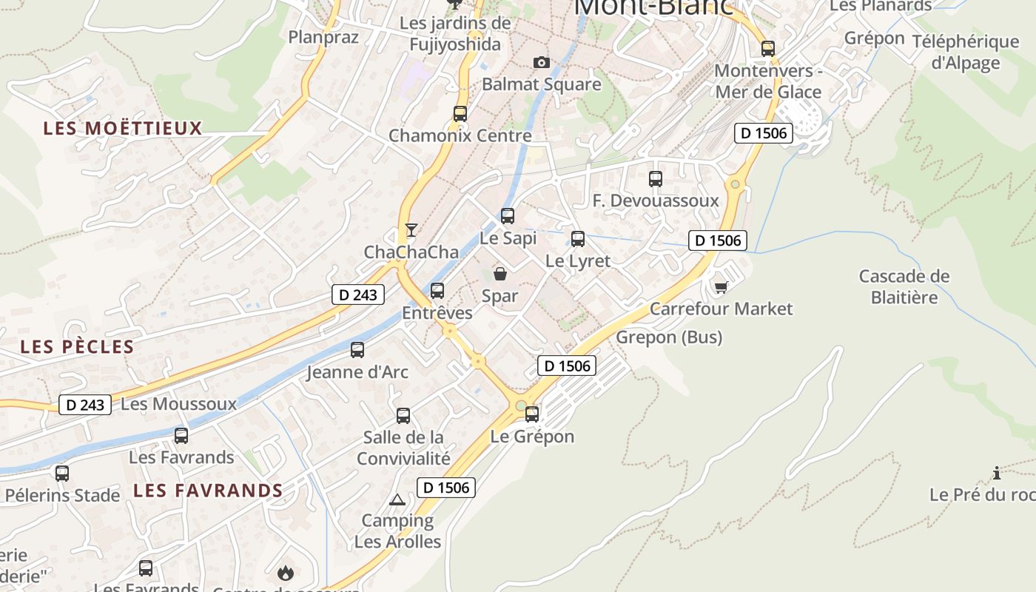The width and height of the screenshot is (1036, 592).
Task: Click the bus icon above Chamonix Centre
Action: click(460, 114)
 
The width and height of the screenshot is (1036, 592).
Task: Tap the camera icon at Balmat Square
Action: click(542, 63)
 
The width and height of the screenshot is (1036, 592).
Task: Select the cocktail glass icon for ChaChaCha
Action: click(411, 229)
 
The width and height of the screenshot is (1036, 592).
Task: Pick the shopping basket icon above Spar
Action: click(500, 274)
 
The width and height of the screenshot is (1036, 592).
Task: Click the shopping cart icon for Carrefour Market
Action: click(721, 286)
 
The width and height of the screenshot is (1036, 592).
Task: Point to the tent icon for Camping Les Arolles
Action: click(397, 499)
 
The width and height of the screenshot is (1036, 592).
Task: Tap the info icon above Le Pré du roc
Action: click(997, 473)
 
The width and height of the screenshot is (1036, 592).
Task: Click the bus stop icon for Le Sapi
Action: click(508, 216)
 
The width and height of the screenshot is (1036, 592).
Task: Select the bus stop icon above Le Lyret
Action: click(578, 239)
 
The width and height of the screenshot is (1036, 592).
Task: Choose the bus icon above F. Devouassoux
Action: click(656, 178)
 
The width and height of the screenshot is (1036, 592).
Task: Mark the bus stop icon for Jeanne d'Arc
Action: click(357, 350)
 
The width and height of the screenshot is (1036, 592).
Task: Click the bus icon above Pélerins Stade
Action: click(62, 473)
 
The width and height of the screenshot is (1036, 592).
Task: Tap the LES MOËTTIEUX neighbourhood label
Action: click(123, 128)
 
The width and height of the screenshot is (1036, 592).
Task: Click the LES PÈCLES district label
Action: click(77, 346)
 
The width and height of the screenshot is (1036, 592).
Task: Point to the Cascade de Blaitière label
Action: click(904, 286)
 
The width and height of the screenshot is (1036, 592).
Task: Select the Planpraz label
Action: click(323, 37)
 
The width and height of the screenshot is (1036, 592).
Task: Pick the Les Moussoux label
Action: click(178, 404)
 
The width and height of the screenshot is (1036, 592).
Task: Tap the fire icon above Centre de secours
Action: click(285, 572)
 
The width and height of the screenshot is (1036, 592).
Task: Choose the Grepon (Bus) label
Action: click(669, 337)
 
